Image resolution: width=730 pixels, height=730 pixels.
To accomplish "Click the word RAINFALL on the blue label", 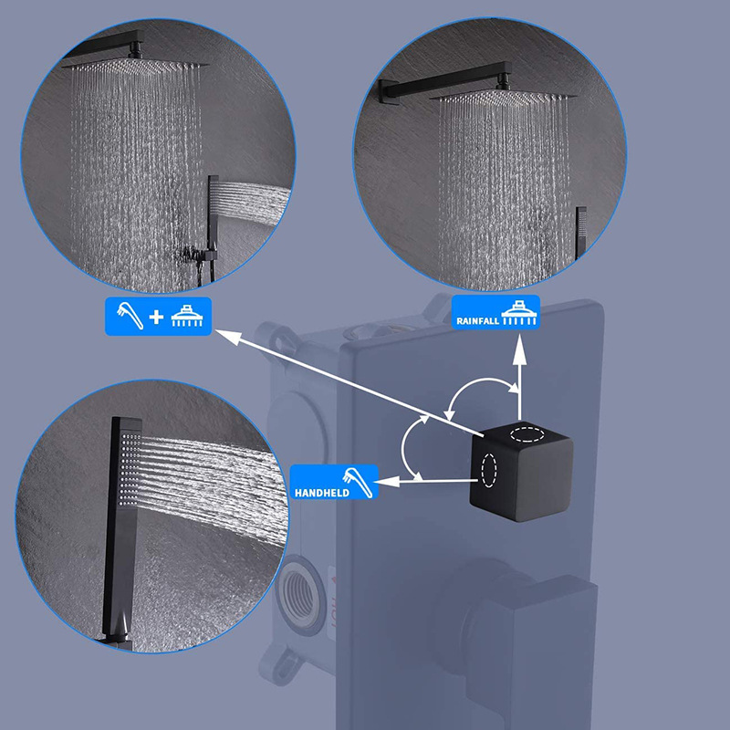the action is [x=477, y=321].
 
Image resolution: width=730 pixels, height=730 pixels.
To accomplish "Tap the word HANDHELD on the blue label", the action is [x=322, y=493].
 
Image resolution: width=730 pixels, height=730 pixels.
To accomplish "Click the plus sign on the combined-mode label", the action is [x=156, y=317].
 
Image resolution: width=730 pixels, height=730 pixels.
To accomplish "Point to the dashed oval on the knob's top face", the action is [x=527, y=434].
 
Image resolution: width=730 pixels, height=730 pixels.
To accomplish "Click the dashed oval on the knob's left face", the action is [x=489, y=470].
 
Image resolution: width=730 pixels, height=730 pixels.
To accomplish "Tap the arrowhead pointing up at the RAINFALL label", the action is [x=520, y=349].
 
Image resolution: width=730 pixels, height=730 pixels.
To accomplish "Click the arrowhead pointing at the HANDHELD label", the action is [x=389, y=482].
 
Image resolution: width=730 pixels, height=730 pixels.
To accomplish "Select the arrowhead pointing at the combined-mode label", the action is [x=228, y=336].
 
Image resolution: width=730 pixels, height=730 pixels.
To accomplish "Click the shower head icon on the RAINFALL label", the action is [x=520, y=313].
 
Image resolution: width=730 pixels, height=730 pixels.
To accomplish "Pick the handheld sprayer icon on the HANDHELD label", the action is [x=358, y=483].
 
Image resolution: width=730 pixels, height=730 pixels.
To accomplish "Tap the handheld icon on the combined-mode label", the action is [x=130, y=316].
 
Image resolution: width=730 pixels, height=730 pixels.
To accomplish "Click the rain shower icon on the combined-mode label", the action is [x=187, y=316].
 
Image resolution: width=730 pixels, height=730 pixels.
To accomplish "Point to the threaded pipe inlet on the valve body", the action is [x=302, y=589].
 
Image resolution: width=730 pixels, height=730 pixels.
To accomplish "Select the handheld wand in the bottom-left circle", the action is [x=121, y=531].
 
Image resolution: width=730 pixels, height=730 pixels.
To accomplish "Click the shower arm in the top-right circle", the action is [x=444, y=83].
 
